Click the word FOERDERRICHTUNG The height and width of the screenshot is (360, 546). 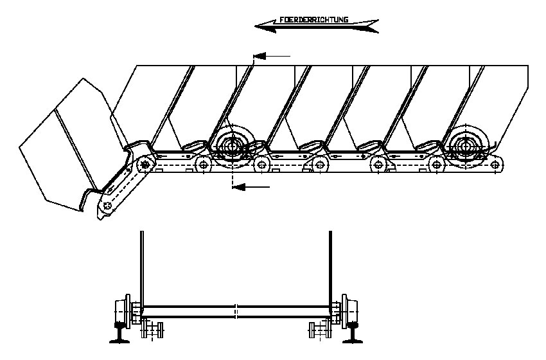(x=313, y=19)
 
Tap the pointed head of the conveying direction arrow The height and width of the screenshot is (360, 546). (x=255, y=26)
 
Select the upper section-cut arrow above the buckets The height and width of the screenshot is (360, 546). (x=272, y=56)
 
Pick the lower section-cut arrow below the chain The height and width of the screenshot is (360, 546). (x=251, y=188)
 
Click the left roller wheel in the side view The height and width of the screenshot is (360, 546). (x=231, y=147)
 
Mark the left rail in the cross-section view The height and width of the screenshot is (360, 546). (x=119, y=333)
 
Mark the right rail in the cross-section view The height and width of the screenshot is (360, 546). (x=353, y=333)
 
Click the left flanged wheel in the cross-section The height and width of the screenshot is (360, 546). (x=123, y=312)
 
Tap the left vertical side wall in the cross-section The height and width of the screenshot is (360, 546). (x=142, y=268)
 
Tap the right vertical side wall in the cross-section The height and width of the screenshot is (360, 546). (x=330, y=268)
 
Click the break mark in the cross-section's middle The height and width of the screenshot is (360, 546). (x=236, y=312)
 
